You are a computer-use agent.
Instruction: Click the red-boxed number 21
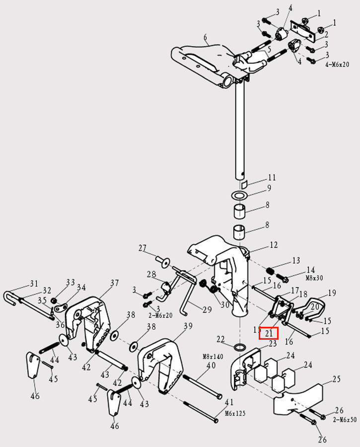click(x=269, y=333)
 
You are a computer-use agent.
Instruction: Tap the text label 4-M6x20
click(x=337, y=65)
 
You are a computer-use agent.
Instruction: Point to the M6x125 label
click(x=235, y=413)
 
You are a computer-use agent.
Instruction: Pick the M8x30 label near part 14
click(x=315, y=278)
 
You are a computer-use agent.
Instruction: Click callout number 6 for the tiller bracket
click(x=205, y=38)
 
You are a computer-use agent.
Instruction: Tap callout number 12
click(x=274, y=245)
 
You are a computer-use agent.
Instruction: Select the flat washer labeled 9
click(x=240, y=193)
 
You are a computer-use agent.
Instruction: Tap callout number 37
click(x=115, y=283)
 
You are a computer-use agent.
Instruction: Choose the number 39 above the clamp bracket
click(x=188, y=326)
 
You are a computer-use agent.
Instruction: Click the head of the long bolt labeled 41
click(x=216, y=420)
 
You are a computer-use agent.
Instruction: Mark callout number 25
click(x=336, y=379)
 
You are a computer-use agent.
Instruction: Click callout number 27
click(x=143, y=248)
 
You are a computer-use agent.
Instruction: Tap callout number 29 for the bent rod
click(x=207, y=309)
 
